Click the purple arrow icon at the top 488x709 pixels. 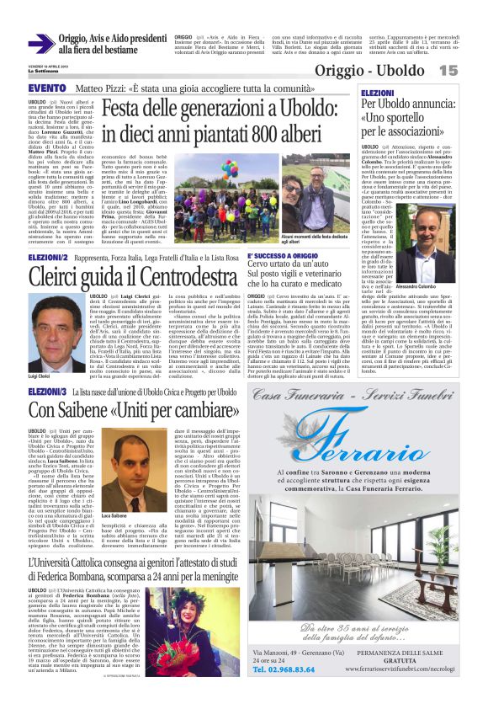[x=41, y=45]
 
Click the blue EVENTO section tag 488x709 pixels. [x=47, y=88]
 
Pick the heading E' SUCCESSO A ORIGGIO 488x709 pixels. [x=282, y=255]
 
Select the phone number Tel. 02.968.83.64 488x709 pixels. [x=283, y=670]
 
